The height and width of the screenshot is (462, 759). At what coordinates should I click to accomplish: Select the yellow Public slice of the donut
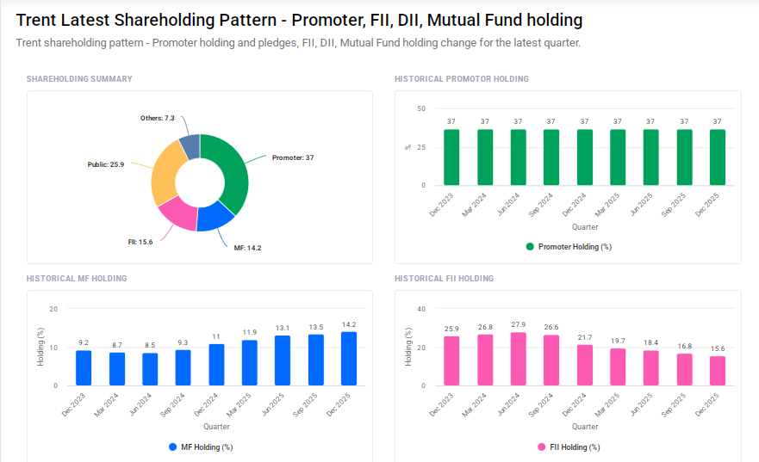(x=165, y=171)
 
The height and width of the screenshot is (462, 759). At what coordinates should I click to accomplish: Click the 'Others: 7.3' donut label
(x=158, y=118)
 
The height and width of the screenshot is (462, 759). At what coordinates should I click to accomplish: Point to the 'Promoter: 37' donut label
(x=293, y=158)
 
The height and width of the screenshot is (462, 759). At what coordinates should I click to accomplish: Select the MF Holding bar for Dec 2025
(x=349, y=358)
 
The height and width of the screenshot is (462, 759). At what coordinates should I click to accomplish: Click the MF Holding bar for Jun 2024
(x=150, y=369)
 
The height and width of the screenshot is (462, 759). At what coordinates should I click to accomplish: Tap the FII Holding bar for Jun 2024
(x=519, y=359)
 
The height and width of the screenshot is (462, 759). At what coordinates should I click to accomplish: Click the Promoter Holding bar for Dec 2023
(x=451, y=157)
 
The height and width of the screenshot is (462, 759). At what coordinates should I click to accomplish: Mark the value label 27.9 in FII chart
(x=519, y=325)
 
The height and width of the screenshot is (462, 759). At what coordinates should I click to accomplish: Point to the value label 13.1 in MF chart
(x=283, y=328)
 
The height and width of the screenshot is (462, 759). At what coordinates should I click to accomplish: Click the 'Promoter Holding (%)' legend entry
(x=568, y=247)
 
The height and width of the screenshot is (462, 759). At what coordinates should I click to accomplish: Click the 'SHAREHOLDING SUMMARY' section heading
(x=79, y=79)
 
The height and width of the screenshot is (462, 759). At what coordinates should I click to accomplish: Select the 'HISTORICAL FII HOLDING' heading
(x=444, y=279)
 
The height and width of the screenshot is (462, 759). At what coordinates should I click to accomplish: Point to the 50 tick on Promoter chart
(x=420, y=108)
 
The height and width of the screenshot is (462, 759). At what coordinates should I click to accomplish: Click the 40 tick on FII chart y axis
(x=420, y=309)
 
